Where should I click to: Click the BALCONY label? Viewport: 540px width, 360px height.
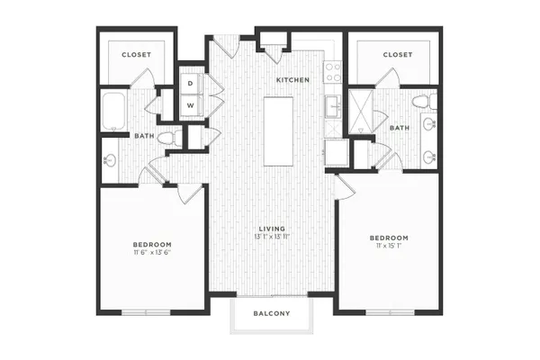[272, 313]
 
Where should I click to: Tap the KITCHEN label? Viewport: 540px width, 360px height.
[293, 80]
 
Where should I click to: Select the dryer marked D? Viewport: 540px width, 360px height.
[191, 84]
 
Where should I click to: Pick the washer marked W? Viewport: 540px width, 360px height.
[191, 105]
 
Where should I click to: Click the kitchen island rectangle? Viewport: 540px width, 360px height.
[279, 131]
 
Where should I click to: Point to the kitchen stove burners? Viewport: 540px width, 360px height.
[333, 72]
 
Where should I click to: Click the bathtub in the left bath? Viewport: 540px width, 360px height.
[113, 111]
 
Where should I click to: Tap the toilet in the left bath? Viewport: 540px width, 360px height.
[170, 138]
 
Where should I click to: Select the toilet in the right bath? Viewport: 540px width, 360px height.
[425, 102]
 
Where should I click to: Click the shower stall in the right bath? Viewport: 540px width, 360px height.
[361, 112]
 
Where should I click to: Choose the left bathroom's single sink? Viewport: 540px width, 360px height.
[110, 160]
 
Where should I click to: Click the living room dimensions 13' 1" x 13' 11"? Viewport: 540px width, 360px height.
[272, 237]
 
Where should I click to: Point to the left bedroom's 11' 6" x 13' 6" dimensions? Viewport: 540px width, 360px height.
[152, 252]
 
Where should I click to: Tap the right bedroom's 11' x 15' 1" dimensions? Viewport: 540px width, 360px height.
[389, 246]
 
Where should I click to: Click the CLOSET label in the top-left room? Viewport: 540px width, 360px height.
[137, 55]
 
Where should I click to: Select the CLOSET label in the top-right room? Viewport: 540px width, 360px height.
[398, 55]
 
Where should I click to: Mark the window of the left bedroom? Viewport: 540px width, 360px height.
[146, 312]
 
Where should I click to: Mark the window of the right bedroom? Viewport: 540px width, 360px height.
[390, 312]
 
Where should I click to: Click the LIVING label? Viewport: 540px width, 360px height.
[272, 229]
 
